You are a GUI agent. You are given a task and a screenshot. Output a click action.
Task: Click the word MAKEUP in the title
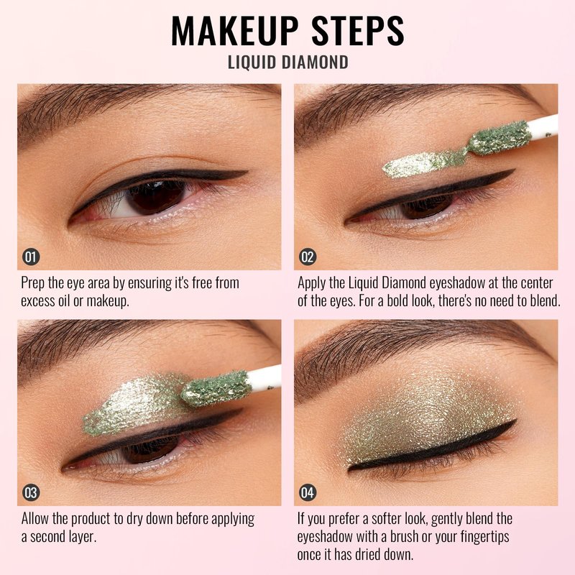pos(235,31)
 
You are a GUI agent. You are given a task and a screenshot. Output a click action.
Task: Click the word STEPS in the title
pos(358,31)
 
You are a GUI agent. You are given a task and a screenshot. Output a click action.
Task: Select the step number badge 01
pos(31,257)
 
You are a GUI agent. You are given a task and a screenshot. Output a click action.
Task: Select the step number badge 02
pos(308,257)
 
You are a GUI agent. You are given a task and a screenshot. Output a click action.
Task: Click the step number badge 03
pos(31,492)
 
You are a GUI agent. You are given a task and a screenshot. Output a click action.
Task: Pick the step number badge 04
pos(308,492)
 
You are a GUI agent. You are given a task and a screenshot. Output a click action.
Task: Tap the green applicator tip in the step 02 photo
pos(500,137)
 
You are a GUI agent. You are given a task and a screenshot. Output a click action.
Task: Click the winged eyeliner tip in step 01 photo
pos(247,171)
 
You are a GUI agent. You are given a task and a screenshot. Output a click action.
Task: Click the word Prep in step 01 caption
pos(33,283)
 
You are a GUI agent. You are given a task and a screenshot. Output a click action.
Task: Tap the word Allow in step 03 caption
pos(35,518)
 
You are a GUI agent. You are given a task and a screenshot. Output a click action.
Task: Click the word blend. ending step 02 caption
pos(545,300)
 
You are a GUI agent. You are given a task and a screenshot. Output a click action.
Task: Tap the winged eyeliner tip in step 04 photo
pos(515,421)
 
